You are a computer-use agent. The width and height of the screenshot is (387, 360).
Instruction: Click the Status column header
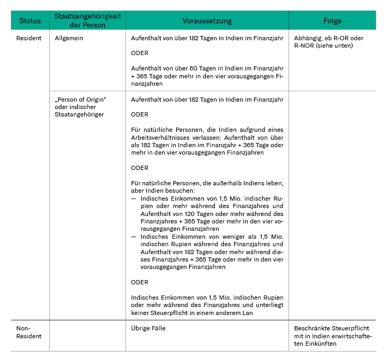[30, 21]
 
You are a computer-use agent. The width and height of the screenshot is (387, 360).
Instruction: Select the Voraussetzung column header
[207, 21]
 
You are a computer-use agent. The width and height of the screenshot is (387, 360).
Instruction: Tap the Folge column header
[332, 21]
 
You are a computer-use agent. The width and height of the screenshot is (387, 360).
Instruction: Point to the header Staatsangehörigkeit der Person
[87, 21]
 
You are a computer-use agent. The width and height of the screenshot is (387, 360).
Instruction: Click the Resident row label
[29, 39]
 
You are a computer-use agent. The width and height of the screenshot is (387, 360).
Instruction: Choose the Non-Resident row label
[26, 332]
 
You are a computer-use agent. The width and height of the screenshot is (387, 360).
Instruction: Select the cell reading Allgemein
[69, 39]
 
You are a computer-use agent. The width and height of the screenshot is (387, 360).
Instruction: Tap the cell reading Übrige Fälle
[148, 328]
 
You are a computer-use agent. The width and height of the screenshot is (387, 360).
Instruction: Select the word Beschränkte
[312, 328]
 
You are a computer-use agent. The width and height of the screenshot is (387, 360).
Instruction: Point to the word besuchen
[181, 191]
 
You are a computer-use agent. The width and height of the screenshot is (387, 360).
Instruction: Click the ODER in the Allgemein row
[140, 53]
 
